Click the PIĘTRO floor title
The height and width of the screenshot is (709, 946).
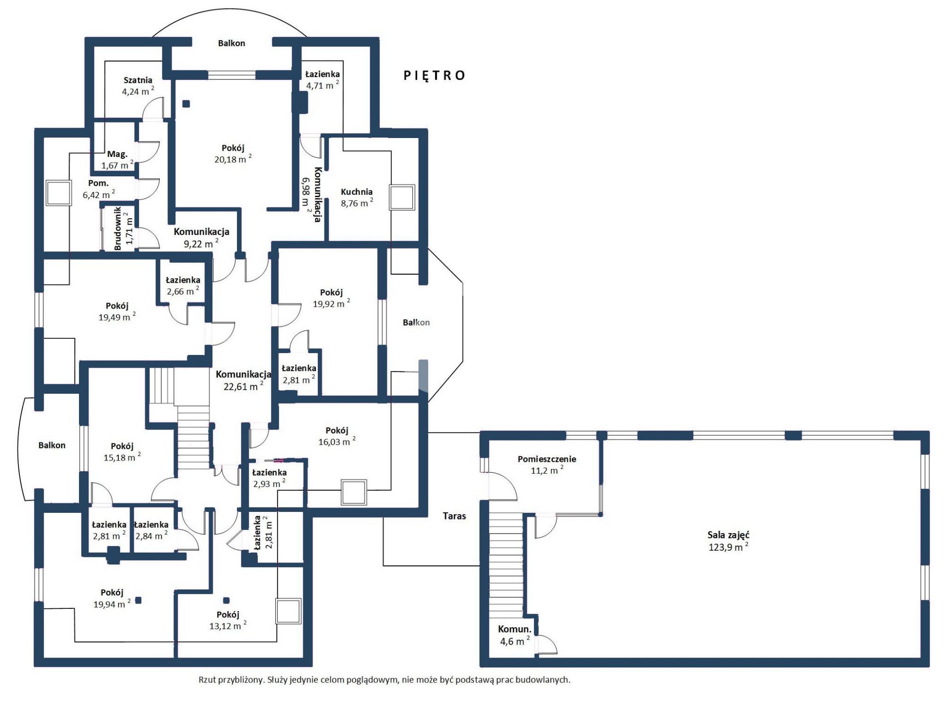click(434, 76)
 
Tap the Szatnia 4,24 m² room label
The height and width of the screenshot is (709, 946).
click(138, 86)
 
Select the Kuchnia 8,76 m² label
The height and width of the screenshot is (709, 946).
click(357, 198)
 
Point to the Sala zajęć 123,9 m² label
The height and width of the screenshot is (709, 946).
click(728, 541)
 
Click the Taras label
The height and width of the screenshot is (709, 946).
click(455, 516)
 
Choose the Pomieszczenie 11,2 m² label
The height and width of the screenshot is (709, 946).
click(547, 465)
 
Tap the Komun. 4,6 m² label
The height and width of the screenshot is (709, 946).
click(515, 635)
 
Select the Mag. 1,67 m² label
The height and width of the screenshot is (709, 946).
click(117, 160)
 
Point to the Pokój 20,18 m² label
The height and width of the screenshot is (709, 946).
click(233, 154)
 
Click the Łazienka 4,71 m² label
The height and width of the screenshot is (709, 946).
click(323, 80)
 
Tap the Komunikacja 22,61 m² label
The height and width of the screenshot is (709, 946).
click(244, 380)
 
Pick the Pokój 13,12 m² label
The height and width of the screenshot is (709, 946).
click(228, 620)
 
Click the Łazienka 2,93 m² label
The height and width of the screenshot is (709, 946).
click(269, 478)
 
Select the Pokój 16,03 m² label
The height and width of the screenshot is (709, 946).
click(337, 436)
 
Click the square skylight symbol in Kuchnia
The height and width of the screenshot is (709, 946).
click(402, 197)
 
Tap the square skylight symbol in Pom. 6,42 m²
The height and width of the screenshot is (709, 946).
click(59, 192)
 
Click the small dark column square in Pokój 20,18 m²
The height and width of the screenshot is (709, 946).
click(186, 104)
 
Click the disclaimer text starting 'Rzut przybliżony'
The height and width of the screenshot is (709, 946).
click(385, 680)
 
